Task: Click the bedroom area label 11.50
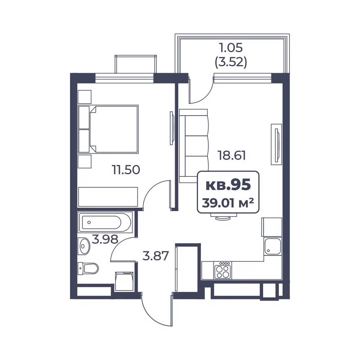coord(126,169)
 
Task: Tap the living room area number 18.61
coord(232,155)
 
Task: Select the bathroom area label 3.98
coord(105,239)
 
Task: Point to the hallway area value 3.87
coord(156,256)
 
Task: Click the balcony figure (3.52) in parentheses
coord(231,62)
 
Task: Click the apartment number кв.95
coord(228,184)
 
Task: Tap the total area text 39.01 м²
coord(228,203)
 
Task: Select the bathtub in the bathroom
coord(105,222)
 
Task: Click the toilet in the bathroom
coord(88,268)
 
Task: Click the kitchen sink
coord(273,246)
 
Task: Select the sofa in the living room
coord(194,146)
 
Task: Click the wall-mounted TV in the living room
coord(277,144)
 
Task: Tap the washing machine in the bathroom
coord(124,281)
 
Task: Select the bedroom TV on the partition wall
coord(172,128)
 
